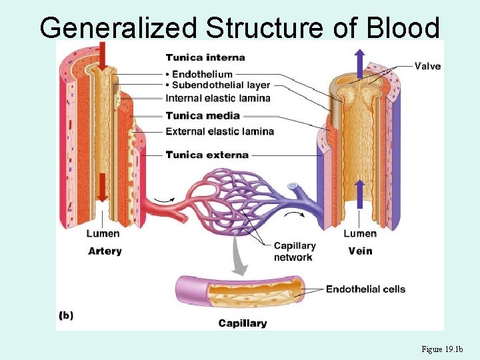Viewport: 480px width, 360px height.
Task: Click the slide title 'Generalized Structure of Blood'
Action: point(240,28)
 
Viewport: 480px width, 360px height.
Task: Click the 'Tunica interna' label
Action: point(205,58)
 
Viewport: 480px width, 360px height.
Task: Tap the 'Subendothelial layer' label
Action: point(221,85)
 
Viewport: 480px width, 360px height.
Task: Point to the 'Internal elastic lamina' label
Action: point(218,99)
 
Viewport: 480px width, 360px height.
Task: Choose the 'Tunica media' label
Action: point(202,115)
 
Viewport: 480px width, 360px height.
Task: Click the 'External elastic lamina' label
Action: point(219,131)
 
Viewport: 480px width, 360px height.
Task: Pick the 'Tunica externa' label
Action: point(207,155)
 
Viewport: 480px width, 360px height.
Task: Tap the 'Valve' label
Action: point(427,66)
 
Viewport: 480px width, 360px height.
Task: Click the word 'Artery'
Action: point(105,251)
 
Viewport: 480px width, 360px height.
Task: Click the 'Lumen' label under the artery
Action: point(103,233)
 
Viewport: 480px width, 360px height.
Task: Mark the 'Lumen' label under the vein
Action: point(359,233)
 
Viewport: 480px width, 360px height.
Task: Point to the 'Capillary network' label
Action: point(294,251)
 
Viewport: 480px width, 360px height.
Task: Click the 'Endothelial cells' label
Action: point(365,289)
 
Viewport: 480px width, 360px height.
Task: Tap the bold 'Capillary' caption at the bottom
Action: point(243,323)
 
